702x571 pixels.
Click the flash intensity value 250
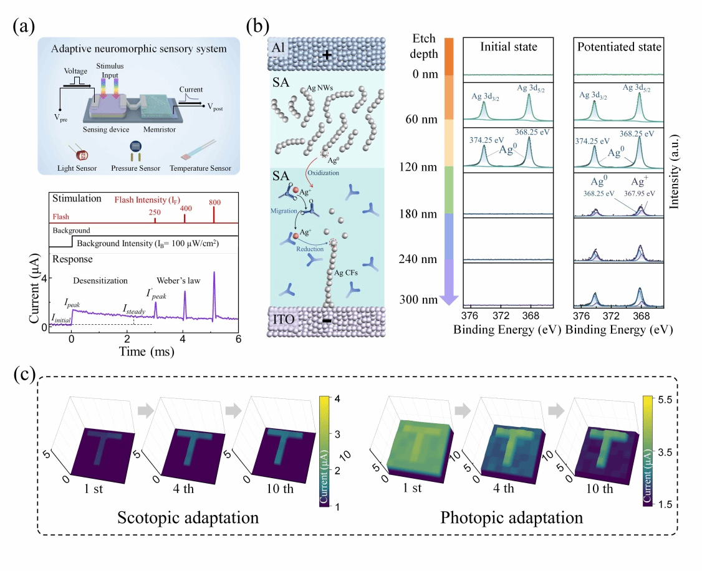(x=156, y=213)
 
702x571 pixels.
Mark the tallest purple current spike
(x=214, y=273)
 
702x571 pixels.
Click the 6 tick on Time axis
(x=238, y=339)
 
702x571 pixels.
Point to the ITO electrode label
(x=282, y=320)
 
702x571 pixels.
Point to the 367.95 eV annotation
(x=643, y=193)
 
